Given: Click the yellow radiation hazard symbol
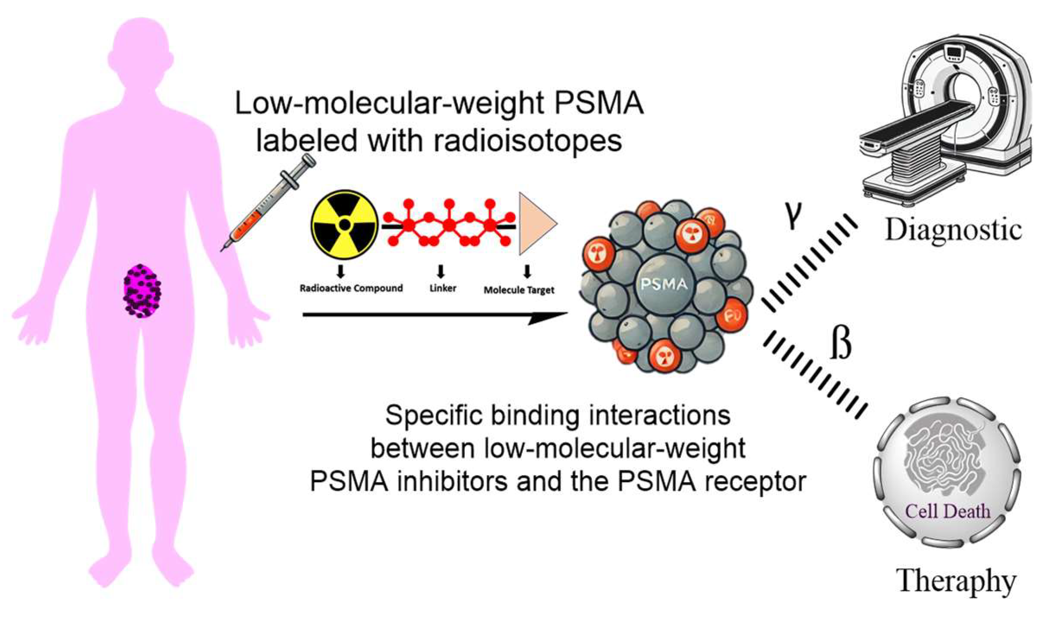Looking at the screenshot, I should pos(344,224).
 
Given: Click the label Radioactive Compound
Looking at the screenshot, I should pos(351,289).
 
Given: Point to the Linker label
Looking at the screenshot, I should pos(443,289).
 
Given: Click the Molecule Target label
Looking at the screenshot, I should pos(519,290).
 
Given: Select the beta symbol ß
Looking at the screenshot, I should pos(841,344).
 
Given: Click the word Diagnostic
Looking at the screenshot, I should pos(953,230).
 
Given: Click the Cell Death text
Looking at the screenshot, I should pos(947,512).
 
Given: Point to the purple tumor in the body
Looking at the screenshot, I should pos(142,291).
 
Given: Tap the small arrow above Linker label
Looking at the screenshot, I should pos(441,271).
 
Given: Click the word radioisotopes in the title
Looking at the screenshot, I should pos(527,141).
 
